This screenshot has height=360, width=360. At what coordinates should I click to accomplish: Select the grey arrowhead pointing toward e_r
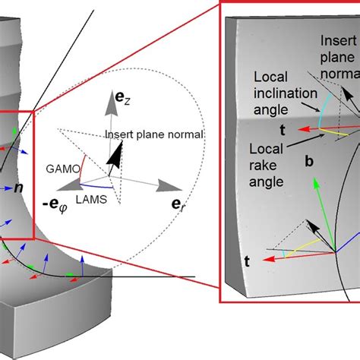tap(165, 185)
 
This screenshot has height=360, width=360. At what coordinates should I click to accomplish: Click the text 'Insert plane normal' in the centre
tap(153, 134)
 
